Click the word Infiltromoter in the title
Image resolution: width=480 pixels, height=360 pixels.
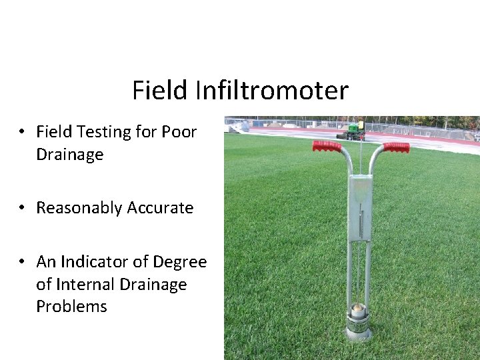point(271,91)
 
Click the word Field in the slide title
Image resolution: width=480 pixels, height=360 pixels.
point(160,91)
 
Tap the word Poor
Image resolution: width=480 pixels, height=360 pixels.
point(179,132)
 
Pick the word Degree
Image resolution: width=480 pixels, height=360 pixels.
point(180,263)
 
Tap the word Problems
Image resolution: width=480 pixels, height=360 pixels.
point(71,307)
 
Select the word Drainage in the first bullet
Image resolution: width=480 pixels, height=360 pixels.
point(69,155)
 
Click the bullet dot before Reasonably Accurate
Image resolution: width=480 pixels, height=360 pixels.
point(23,208)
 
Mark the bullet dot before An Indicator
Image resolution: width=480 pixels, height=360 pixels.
point(23,262)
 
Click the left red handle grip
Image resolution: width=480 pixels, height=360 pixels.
point(327,145)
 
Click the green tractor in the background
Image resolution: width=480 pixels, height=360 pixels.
point(351,131)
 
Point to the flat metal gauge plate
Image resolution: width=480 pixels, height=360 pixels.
point(360,207)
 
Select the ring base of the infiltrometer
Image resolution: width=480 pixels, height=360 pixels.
point(359,327)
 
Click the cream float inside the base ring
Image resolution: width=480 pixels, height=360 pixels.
point(359,309)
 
